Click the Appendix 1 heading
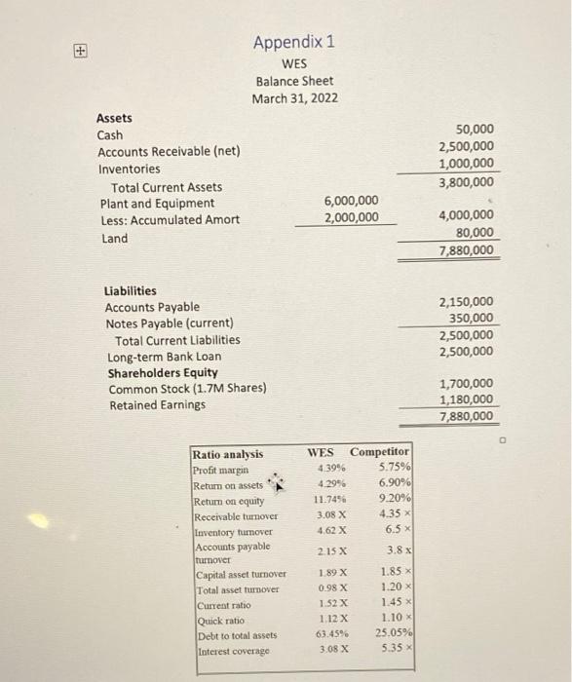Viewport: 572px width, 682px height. (x=293, y=42)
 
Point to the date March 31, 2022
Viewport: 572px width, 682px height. (x=292, y=98)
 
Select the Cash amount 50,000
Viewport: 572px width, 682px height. (x=474, y=129)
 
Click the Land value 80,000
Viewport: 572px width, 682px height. (x=474, y=233)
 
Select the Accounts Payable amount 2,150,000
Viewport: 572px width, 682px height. (x=466, y=302)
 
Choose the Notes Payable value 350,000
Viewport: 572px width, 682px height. (x=472, y=319)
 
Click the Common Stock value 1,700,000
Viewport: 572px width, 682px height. (x=466, y=384)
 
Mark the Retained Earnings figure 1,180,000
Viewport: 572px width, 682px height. (x=466, y=400)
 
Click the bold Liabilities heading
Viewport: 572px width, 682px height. (x=130, y=290)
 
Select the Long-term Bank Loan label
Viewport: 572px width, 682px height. (x=163, y=357)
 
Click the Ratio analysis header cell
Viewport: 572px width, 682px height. (x=228, y=454)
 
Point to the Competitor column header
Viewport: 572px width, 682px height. (x=380, y=452)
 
